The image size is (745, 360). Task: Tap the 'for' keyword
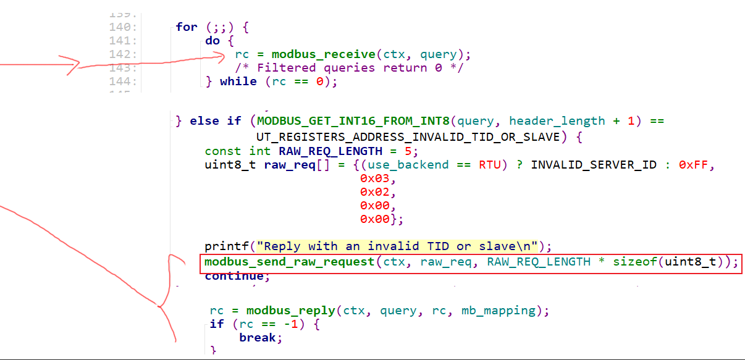(x=187, y=27)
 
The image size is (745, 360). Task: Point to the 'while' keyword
(x=238, y=82)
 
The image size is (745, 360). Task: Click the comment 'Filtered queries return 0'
(x=349, y=68)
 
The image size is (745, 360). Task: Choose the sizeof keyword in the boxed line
(x=634, y=262)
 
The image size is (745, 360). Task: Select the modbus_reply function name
(x=282, y=311)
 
